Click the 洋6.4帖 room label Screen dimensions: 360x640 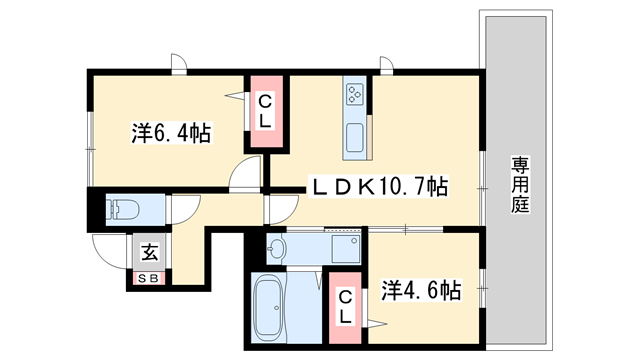pos(170,133)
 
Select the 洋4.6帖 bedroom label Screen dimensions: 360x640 pos(421,291)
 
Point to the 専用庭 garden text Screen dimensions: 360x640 pos(521,184)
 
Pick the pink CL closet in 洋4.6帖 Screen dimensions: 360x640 pos(344,305)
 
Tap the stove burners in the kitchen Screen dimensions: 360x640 pos(355,94)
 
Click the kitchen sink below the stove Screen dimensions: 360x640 pos(355,138)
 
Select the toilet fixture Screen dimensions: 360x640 pos(124,211)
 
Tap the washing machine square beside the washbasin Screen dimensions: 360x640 pos(351,249)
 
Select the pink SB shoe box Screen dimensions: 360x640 pos(148,277)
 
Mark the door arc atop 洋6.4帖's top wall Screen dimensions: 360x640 pos(178,63)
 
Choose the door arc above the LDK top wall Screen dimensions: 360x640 pos(385,63)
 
